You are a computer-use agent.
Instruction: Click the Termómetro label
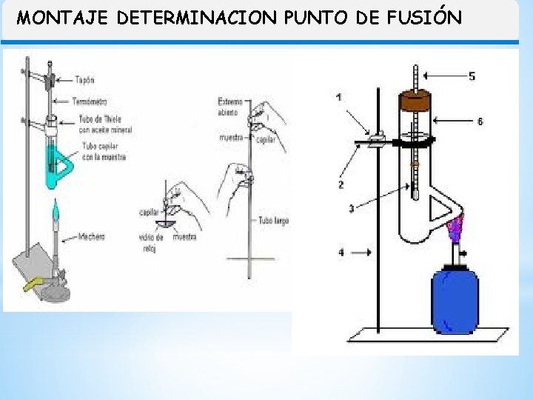[91, 101]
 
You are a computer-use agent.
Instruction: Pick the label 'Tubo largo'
[273, 220]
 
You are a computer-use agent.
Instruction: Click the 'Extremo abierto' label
[228, 107]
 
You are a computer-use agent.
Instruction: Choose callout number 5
[472, 76]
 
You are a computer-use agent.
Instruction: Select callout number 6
[480, 121]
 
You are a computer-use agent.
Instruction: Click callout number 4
[341, 253]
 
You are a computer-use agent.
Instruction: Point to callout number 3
[351, 210]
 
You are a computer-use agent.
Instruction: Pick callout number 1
[338, 98]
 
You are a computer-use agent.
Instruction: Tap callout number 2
[341, 184]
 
